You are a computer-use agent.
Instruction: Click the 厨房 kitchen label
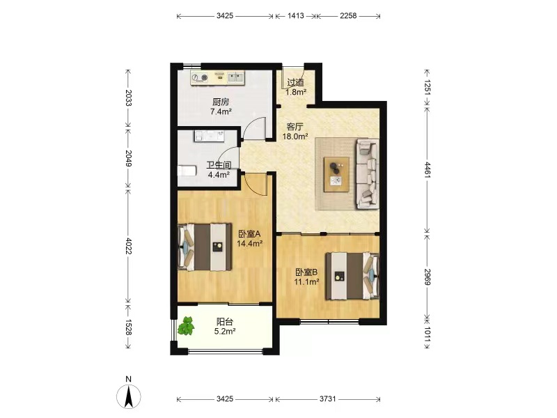coord(221,102)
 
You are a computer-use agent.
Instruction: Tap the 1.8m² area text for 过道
coord(296,92)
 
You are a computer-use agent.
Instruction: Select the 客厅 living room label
coord(295,127)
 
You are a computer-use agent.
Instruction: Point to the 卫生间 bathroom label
coord(219,165)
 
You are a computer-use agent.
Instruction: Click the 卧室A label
coord(249,234)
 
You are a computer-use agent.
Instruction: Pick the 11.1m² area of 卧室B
coord(306,282)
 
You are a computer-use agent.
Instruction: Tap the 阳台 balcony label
coord(224,322)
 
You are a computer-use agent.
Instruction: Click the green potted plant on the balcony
coord(186,326)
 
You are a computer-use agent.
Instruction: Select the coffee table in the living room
coord(336,174)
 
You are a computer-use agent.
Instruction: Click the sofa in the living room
coord(368,173)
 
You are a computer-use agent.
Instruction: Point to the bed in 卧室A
coord(205,247)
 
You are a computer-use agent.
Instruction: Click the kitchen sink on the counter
coord(235,77)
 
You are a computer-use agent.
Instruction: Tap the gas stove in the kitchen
coord(200,77)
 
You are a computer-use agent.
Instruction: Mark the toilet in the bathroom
coord(187,171)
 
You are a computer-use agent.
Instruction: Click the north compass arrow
coord(129,396)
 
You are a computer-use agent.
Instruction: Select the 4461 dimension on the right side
coord(427,170)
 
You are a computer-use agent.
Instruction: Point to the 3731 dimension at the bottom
coord(327,398)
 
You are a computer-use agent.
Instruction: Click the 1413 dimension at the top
coord(295,15)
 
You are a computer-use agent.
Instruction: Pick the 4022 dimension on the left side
coord(128,246)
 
